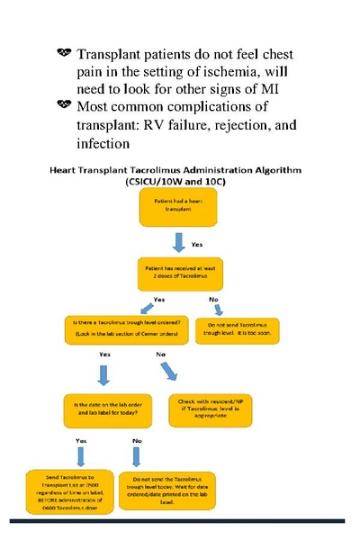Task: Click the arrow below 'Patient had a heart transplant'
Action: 178,243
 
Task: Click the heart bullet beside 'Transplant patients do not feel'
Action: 63,55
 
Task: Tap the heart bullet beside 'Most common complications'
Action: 63,106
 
